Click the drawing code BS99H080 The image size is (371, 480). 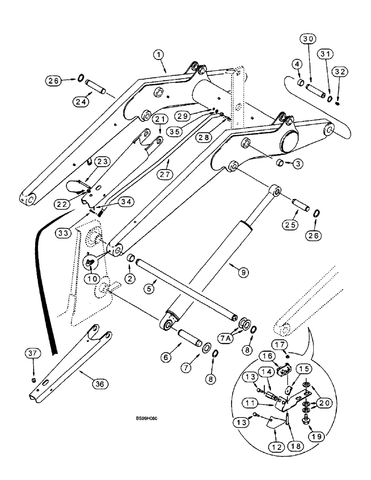coord(147,418)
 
